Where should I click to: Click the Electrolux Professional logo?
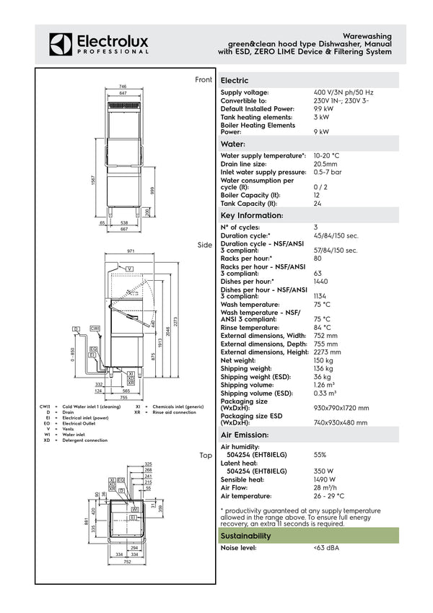(100, 44)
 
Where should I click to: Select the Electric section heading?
(235, 80)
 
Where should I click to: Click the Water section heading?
(235, 144)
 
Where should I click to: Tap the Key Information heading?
(251, 215)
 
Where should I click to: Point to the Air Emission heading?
(244, 435)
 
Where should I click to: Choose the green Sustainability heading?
(246, 536)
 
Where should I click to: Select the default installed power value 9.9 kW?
(323, 109)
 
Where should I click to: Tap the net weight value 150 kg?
(323, 360)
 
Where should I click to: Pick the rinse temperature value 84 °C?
(322, 328)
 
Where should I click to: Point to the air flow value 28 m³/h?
(326, 488)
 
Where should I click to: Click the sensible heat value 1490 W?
(325, 479)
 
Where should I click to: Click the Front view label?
(204, 79)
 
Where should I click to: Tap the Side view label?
(205, 245)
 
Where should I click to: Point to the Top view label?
(206, 456)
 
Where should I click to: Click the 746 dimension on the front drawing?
(123, 87)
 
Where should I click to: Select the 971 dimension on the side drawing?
(131, 251)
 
